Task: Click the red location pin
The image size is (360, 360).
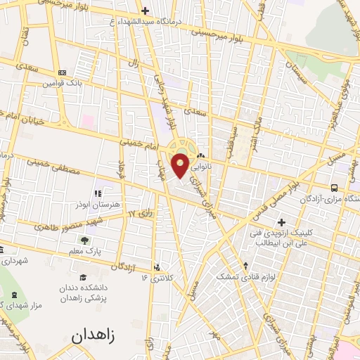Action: coord(181,166)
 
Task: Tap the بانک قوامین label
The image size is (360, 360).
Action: coord(57,83)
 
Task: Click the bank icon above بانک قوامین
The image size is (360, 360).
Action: coord(62,72)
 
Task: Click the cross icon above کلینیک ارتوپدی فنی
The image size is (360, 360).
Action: coord(281,222)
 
